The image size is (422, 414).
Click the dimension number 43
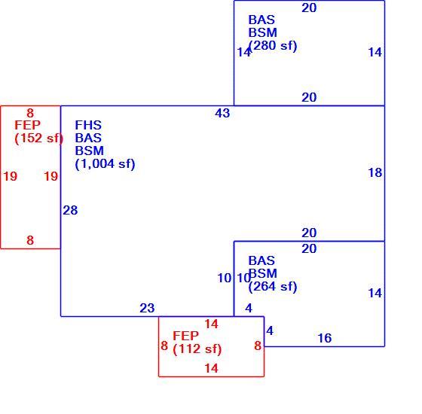tap(222, 113)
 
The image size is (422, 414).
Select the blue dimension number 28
tap(70, 210)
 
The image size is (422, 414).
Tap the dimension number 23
tap(147, 308)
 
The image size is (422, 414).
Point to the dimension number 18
tap(375, 172)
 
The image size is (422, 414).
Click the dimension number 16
tap(325, 338)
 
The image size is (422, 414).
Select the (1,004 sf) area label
tap(105, 164)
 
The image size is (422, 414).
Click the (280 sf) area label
tap(273, 45)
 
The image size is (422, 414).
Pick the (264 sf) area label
tap(273, 286)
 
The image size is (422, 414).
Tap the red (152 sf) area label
tap(38, 139)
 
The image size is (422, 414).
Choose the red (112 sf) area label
tap(197, 349)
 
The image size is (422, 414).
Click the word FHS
tap(88, 125)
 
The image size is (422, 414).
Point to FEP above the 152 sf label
tap(27, 125)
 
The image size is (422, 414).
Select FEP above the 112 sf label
tap(185, 336)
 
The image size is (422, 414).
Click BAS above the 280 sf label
tap(261, 20)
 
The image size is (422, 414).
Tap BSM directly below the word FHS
tap(90, 151)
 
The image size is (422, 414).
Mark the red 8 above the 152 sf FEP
tap(30, 113)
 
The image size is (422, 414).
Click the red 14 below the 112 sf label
tap(211, 368)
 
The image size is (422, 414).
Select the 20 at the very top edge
tap(309, 8)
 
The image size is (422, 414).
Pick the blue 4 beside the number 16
tap(270, 330)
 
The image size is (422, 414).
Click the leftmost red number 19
tap(11, 176)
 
